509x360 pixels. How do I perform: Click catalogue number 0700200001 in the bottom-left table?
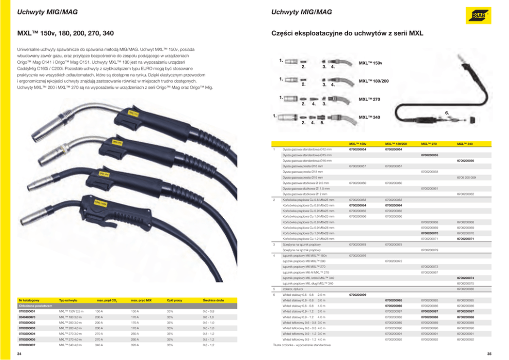point(29,311)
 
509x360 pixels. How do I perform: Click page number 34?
point(19,354)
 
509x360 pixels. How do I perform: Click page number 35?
point(489,354)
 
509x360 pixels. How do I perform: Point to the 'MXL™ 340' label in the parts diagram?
point(369,117)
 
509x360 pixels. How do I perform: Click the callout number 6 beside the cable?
point(447,112)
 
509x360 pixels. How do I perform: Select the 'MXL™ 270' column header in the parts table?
point(429,143)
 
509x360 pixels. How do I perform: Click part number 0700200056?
point(465,161)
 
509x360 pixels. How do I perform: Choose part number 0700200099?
point(358,295)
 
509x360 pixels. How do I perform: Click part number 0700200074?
point(465,278)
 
